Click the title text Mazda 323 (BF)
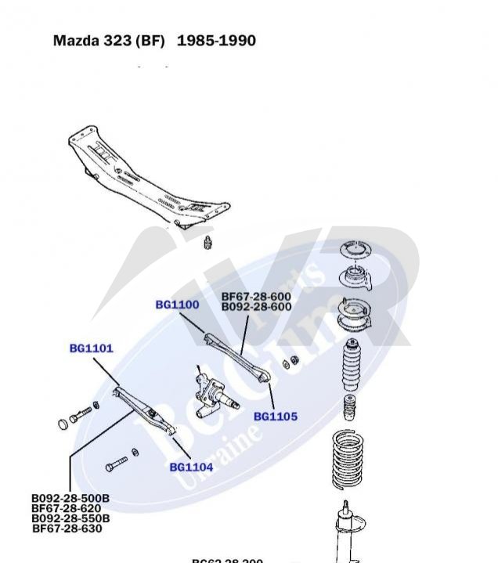(x=109, y=41)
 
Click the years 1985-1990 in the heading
(x=216, y=41)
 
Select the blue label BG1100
(x=177, y=305)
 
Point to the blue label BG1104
(x=191, y=467)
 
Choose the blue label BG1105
(x=276, y=417)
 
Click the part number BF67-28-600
(x=256, y=297)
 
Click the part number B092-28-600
(x=256, y=307)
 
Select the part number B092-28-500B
(x=70, y=498)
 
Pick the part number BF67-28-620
(x=66, y=508)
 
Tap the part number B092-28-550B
(x=70, y=518)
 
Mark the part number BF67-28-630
(x=67, y=529)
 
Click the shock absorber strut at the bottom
(x=345, y=532)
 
